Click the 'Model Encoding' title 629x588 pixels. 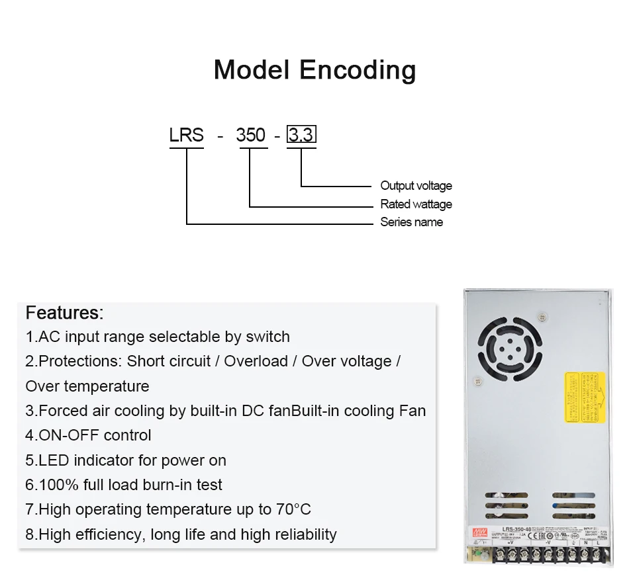coord(314,69)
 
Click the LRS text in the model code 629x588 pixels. coord(187,135)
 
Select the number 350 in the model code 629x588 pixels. coord(250,135)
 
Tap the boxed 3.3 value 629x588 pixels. coord(301,135)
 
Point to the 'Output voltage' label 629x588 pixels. coord(416,186)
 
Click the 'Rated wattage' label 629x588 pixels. coord(416,204)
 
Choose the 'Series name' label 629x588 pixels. coord(411,222)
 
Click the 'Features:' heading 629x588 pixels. coord(64,312)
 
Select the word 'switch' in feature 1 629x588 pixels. coord(267,337)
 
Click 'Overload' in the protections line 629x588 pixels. coord(256,361)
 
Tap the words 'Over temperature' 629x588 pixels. coord(87,386)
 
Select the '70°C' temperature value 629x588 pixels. coord(293,509)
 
